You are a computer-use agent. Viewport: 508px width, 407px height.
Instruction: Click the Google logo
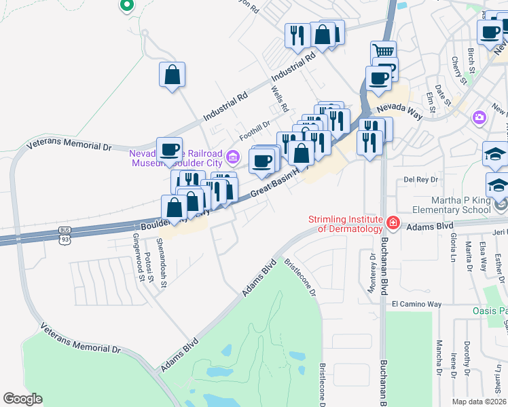(x=22, y=399)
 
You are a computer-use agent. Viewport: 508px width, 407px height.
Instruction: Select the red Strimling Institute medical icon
(x=392, y=222)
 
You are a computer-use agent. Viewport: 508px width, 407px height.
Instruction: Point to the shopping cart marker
(x=383, y=52)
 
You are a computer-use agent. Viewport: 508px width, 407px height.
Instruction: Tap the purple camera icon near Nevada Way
(x=479, y=117)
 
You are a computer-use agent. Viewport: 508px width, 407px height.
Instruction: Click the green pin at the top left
(x=126, y=5)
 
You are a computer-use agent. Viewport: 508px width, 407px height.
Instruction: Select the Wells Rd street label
(x=279, y=99)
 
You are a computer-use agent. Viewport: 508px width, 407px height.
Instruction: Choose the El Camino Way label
(x=416, y=305)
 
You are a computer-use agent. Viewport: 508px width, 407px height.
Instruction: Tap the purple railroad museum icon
(x=233, y=157)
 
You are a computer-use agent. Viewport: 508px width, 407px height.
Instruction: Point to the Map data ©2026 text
(x=479, y=402)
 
